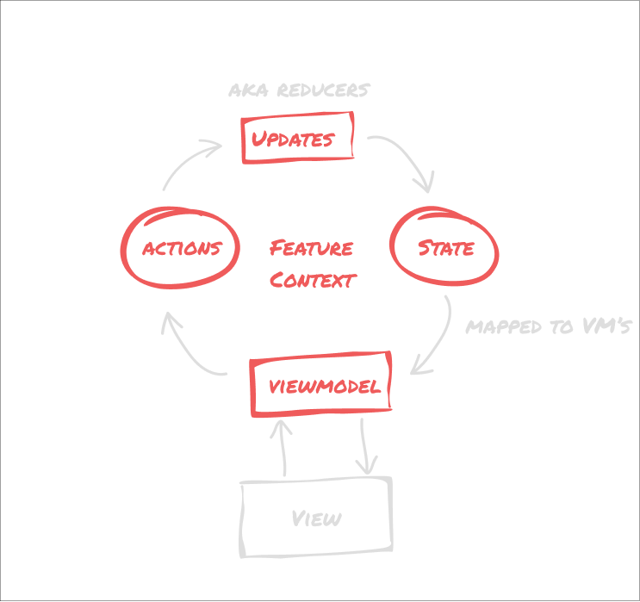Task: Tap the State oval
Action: [x=444, y=248]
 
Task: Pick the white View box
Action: [x=316, y=518]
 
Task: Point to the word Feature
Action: [x=311, y=249]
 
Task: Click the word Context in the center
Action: [x=312, y=280]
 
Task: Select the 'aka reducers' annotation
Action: [x=299, y=90]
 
